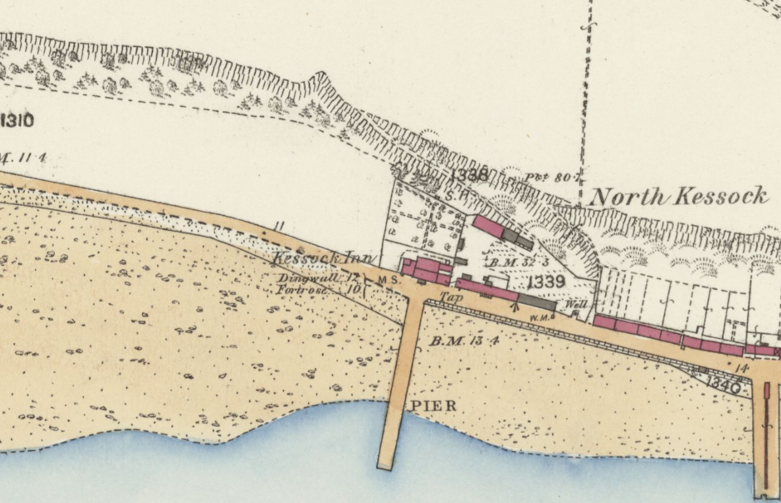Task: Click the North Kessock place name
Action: [679, 196]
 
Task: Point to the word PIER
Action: [433, 405]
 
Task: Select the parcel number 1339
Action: [547, 283]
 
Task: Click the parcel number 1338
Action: [470, 175]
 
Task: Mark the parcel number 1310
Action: [17, 121]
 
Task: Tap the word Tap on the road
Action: [449, 297]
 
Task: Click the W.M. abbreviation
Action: [540, 316]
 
